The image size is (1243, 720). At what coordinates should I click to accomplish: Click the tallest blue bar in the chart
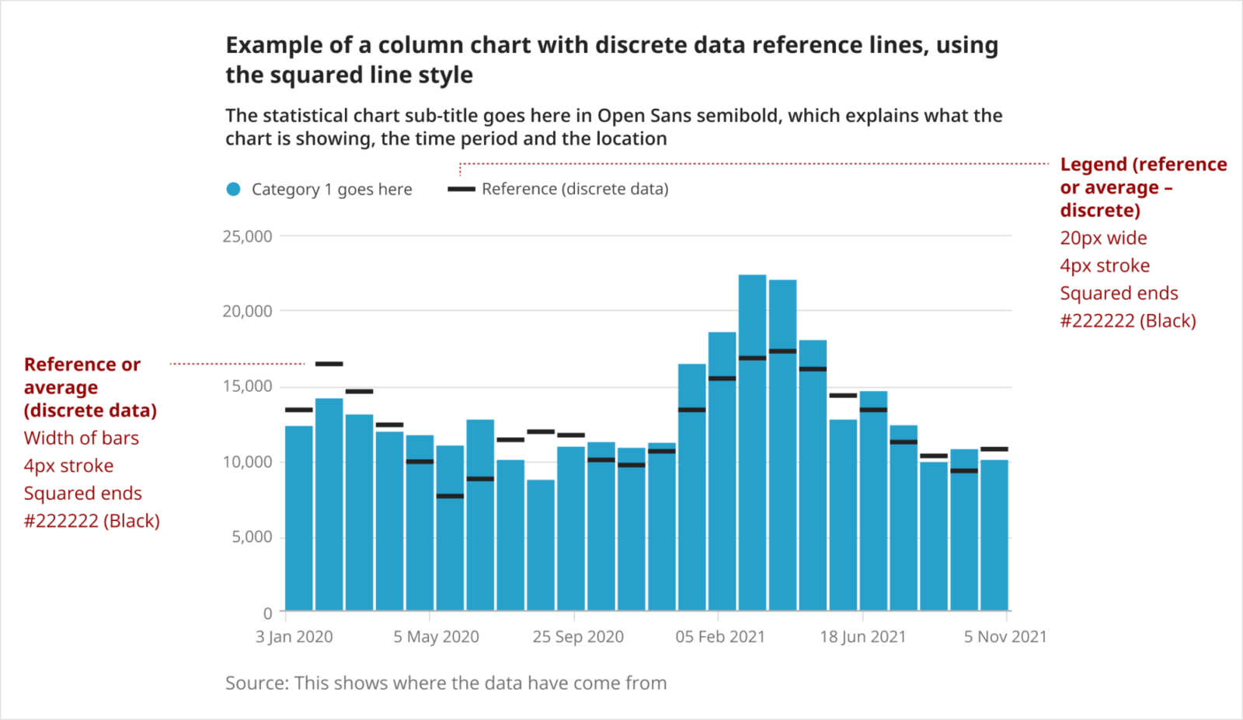coord(752,443)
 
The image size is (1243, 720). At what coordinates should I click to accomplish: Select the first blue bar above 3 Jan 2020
coord(299,518)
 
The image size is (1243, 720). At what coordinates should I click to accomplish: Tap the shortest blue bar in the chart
coord(541,544)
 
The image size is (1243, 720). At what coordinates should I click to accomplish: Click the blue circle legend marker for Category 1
coord(233,189)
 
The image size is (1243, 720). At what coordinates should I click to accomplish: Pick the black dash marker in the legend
coord(461,189)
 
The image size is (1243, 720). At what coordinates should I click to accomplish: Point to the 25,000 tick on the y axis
coord(247,236)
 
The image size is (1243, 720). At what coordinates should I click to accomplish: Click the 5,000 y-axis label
coord(252,537)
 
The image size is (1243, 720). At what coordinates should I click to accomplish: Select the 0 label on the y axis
coord(267,613)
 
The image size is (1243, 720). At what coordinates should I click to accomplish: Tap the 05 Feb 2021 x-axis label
coord(720,637)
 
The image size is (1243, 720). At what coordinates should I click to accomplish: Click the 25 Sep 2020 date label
coord(578,637)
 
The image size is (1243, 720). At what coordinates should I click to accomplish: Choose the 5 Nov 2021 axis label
coord(1005,637)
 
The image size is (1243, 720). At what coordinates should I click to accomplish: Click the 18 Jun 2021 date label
coord(862,637)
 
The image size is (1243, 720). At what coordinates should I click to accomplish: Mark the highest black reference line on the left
coord(329,364)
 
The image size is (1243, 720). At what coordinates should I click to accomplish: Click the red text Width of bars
coord(82,438)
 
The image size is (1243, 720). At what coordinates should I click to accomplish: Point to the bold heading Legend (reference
coord(1144,165)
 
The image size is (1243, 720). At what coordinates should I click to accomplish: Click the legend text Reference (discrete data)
coord(575,189)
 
